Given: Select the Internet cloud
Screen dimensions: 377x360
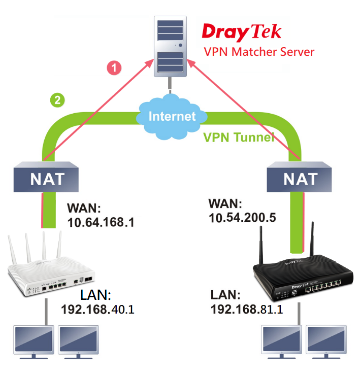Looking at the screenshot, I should pos(172,117).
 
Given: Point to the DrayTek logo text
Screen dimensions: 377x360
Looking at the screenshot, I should pos(241,31).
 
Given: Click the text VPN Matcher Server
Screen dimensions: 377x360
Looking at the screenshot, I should pos(259,52).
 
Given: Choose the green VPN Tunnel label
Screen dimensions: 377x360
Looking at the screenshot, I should pos(239,137).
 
